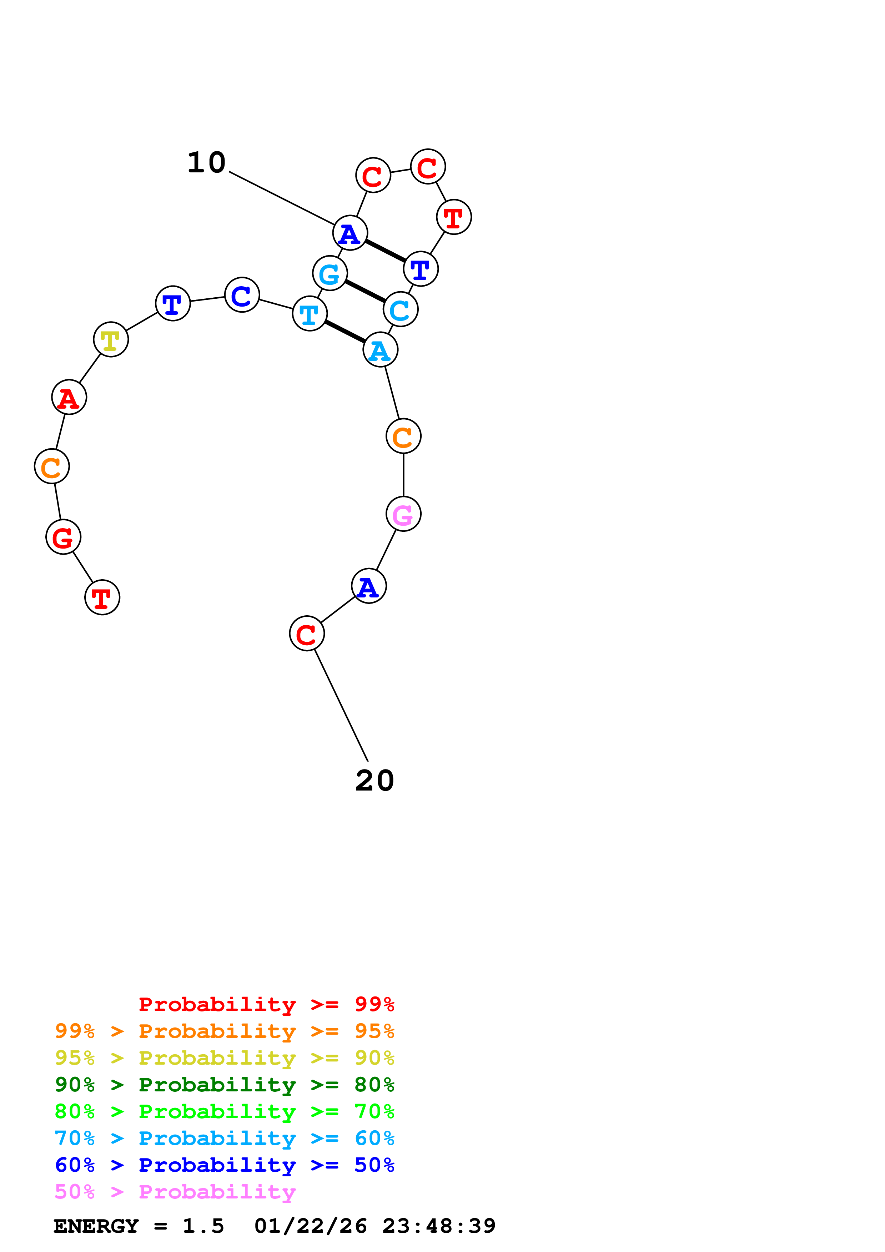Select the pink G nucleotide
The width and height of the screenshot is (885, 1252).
click(403, 514)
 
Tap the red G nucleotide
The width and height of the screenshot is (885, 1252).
click(63, 537)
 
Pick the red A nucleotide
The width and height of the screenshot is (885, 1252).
click(69, 397)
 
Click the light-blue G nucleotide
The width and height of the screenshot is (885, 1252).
click(330, 273)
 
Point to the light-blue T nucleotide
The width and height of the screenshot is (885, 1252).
click(310, 314)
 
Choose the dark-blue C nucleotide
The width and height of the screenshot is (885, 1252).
click(242, 295)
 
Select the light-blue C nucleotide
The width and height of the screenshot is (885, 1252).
click(401, 309)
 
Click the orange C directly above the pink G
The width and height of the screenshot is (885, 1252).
click(403, 436)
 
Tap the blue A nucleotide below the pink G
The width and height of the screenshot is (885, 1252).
click(369, 586)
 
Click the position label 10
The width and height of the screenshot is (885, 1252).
click(207, 162)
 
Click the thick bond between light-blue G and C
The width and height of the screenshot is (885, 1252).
click(365, 291)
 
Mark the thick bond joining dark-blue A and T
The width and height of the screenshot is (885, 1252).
click(386, 251)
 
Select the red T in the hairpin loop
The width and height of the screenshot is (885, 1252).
click(454, 217)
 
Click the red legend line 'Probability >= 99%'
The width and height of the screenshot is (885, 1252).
click(267, 1004)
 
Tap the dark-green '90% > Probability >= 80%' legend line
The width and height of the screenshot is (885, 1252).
click(225, 1085)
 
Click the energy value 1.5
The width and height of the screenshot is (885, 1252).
click(203, 1226)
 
